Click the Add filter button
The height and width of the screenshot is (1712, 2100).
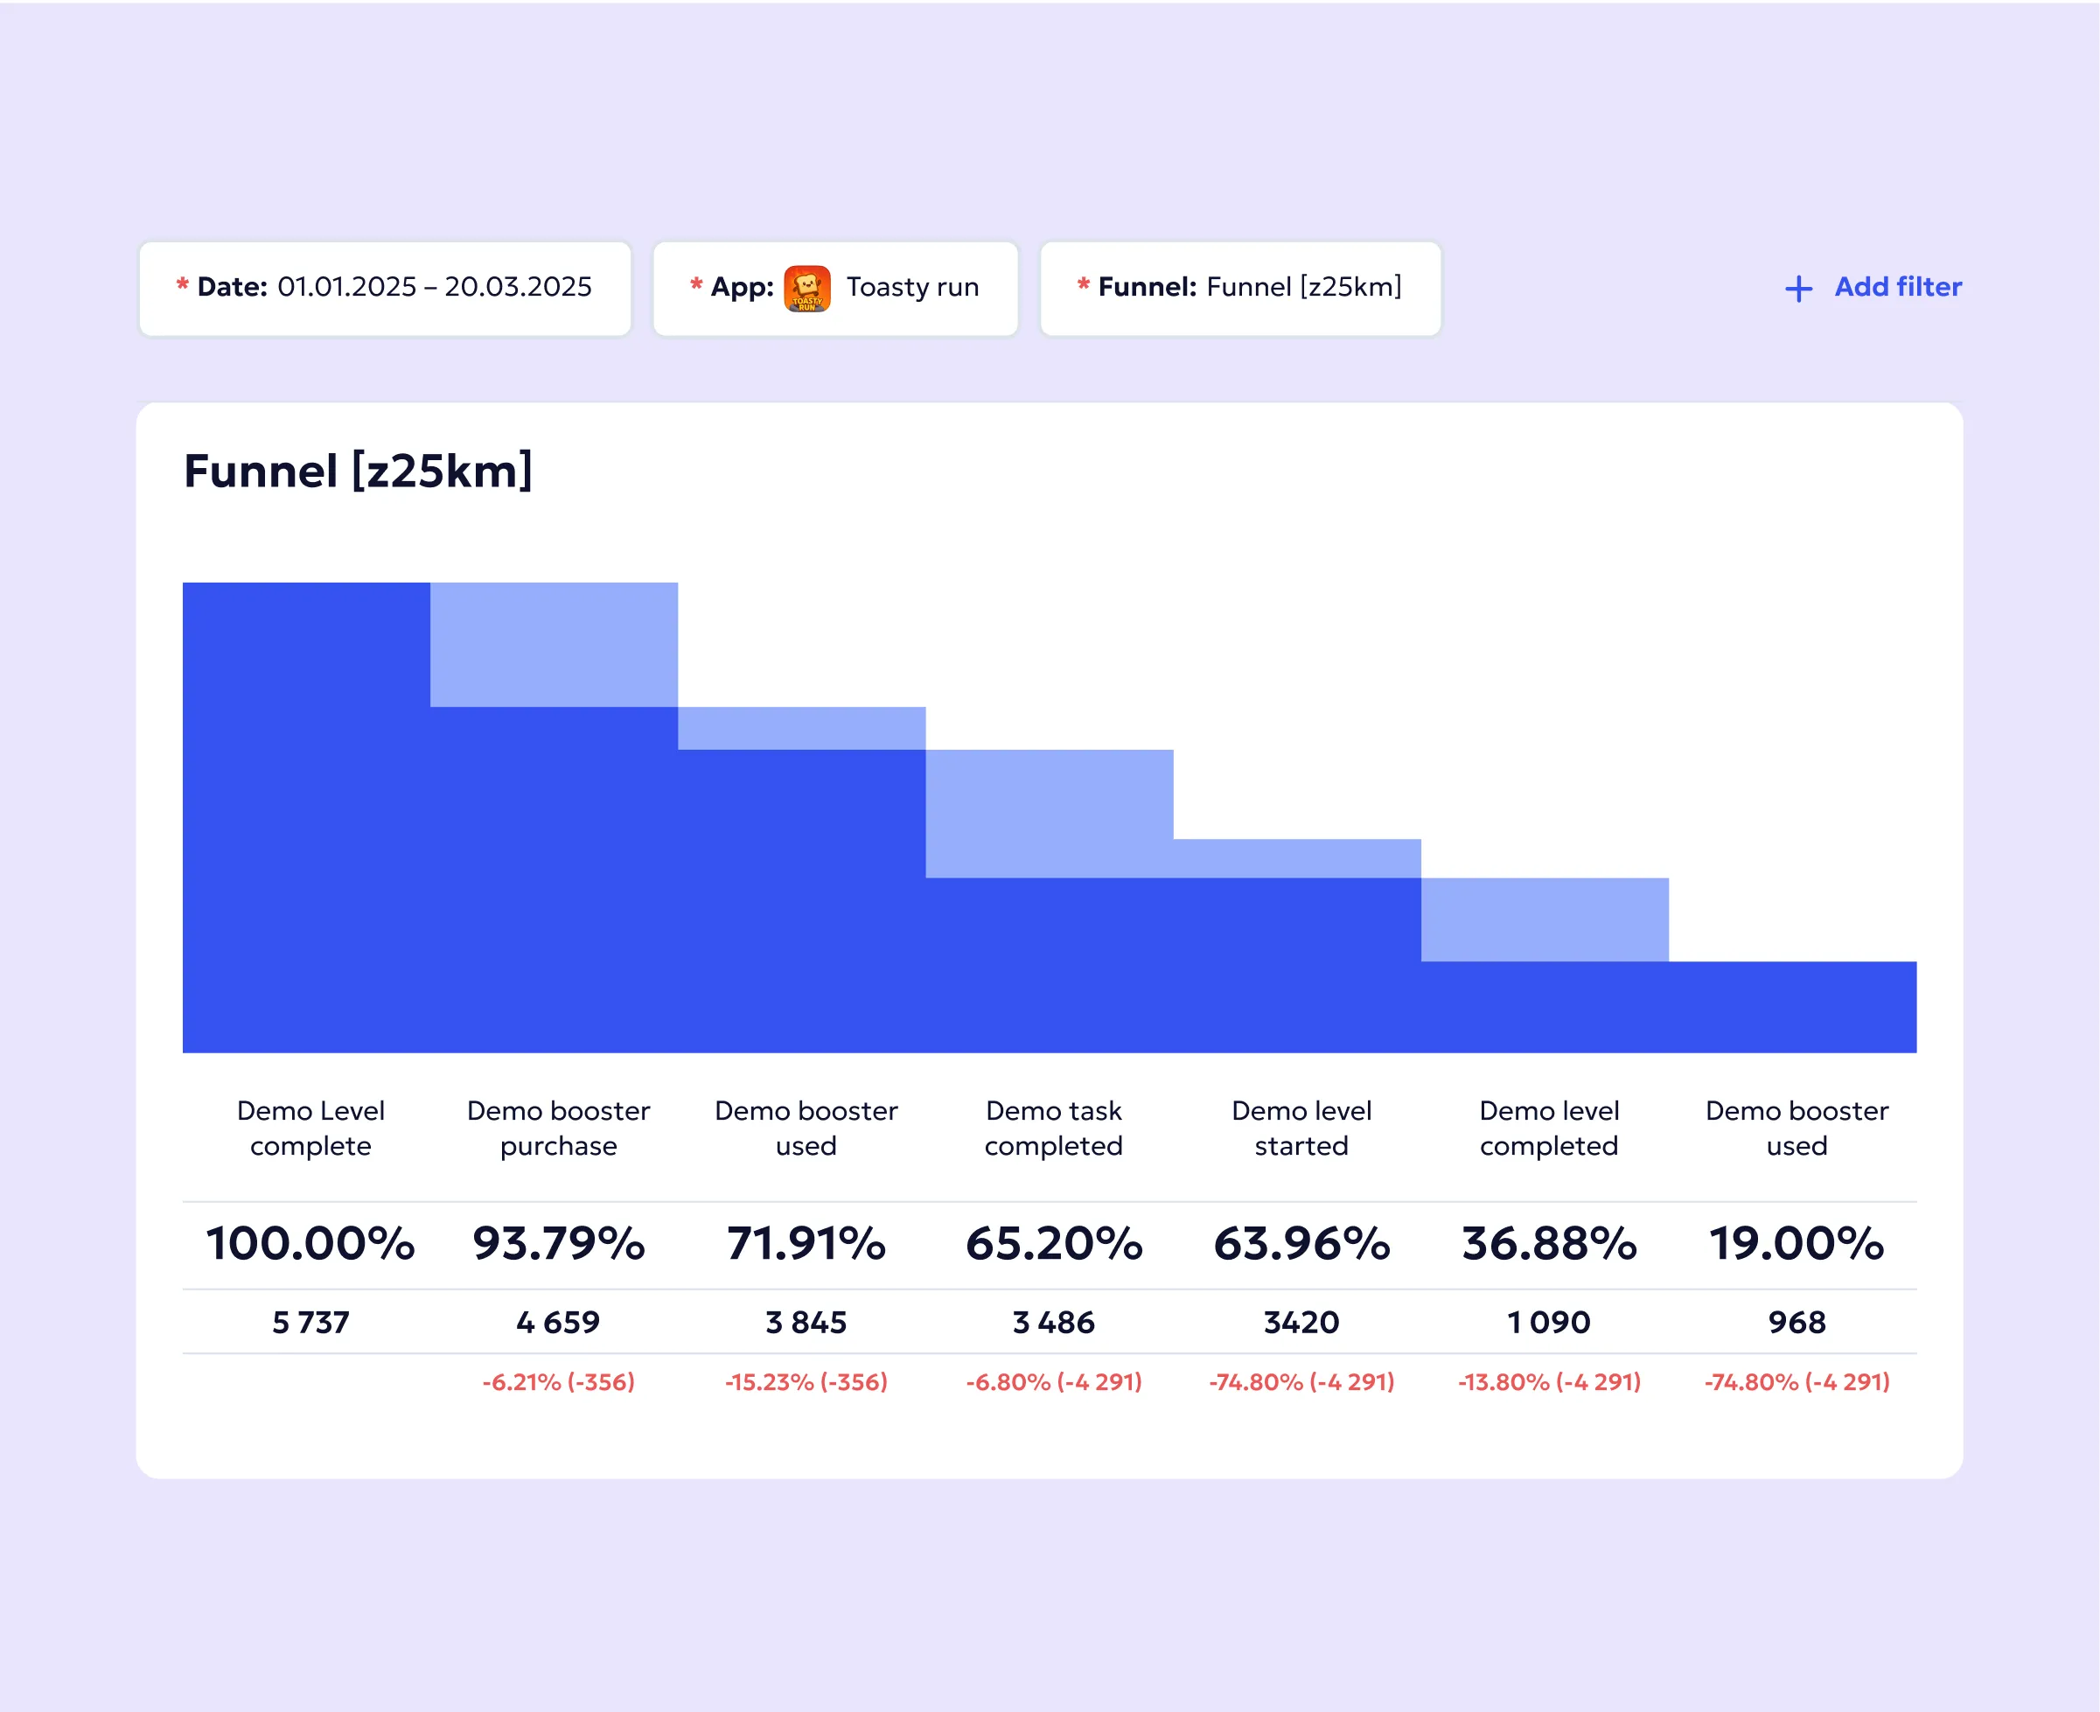(x=1873, y=287)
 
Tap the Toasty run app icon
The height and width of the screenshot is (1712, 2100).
(x=806, y=289)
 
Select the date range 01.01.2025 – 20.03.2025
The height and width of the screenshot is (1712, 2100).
(x=434, y=287)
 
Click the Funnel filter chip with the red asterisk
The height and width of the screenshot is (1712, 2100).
(x=1239, y=288)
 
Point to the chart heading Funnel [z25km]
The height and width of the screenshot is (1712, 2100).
(x=358, y=471)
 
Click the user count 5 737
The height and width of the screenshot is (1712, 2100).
(x=310, y=1322)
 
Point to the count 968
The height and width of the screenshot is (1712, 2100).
(x=1797, y=1322)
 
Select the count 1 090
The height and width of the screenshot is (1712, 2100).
(x=1549, y=1322)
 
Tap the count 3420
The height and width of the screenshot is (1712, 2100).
(x=1301, y=1322)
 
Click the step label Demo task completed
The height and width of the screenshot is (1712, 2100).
(x=1054, y=1129)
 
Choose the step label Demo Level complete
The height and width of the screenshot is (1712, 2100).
(x=310, y=1129)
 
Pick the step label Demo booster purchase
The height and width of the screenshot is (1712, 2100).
(x=558, y=1129)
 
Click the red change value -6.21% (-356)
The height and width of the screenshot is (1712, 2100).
(x=558, y=1381)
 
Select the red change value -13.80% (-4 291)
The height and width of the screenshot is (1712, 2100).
(x=1549, y=1381)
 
